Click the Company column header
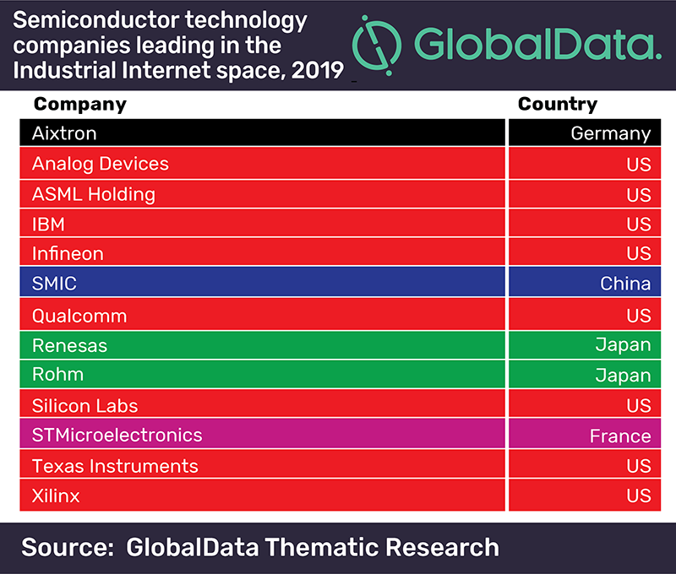(x=79, y=105)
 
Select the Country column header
(x=557, y=104)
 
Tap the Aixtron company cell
(x=64, y=133)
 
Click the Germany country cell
(x=610, y=133)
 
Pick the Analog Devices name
(x=101, y=164)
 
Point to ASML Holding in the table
(x=94, y=194)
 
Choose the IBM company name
(x=48, y=225)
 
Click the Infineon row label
(x=68, y=253)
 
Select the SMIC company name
(x=55, y=283)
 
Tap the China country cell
(x=625, y=284)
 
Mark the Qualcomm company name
(x=79, y=316)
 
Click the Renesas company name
(x=69, y=345)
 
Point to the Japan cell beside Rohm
(x=624, y=376)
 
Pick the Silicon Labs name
(x=84, y=406)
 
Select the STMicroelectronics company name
(x=117, y=436)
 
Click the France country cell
(x=620, y=436)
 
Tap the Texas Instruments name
(x=115, y=466)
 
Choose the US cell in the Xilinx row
(x=639, y=495)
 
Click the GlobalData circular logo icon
(x=378, y=43)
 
